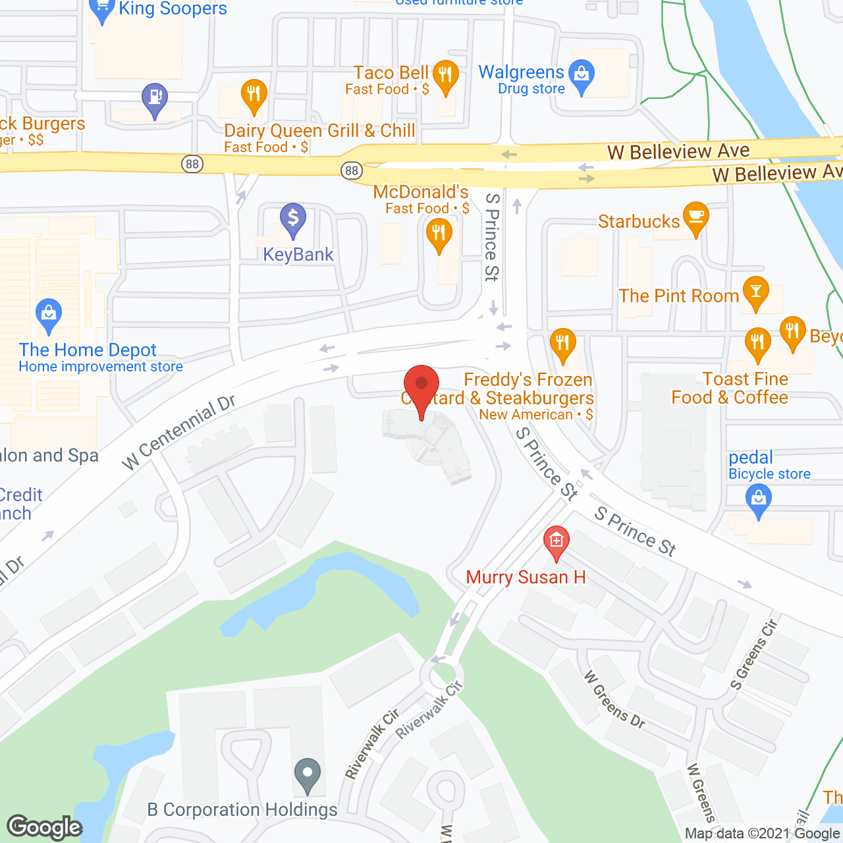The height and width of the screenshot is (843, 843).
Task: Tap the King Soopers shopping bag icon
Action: coord(101,11)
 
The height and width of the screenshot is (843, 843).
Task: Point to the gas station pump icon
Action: coord(155,99)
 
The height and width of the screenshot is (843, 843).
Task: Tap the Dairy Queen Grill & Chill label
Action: coord(319,131)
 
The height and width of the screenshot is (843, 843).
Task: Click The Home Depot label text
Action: coord(88,350)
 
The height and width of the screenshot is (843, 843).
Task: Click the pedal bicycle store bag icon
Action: coord(759,500)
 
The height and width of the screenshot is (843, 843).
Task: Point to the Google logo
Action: coord(45,827)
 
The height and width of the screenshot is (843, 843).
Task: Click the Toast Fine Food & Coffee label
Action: coord(730,389)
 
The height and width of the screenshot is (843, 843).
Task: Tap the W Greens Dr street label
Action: coord(614,699)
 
